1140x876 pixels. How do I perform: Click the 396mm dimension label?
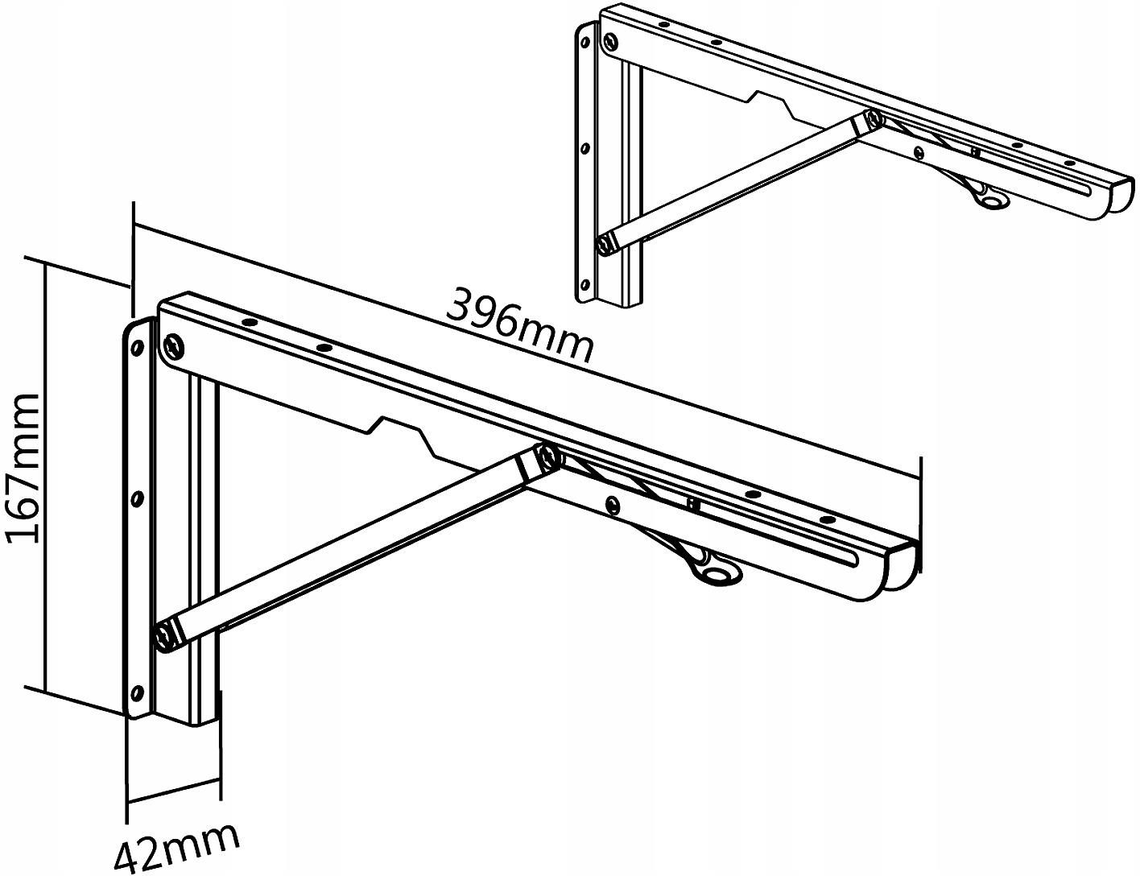[519, 326]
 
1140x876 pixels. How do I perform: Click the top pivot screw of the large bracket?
[174, 347]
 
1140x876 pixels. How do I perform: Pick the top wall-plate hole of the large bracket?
[138, 347]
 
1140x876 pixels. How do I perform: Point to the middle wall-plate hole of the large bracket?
[138, 499]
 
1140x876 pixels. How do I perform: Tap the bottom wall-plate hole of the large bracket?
[138, 693]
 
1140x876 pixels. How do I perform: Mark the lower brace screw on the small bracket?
[606, 245]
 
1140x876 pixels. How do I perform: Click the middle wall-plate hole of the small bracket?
[584, 148]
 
